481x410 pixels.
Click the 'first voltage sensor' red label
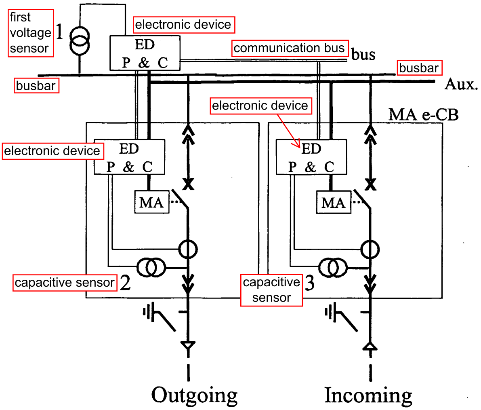point(31,33)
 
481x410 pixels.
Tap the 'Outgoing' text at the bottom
point(195,395)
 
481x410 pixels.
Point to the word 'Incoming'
point(368,395)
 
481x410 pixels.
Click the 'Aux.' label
point(461,84)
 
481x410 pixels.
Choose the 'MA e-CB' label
point(423,114)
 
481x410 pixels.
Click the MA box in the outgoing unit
point(152,202)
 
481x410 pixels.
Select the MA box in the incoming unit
point(334,202)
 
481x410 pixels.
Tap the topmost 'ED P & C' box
point(145,53)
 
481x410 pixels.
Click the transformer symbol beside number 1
point(80,40)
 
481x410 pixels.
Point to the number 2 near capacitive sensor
point(125,283)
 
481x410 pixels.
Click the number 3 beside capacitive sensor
point(310,283)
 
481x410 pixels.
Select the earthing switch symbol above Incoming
point(341,317)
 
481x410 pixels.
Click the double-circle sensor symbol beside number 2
point(151,267)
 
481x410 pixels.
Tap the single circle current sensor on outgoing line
point(188,249)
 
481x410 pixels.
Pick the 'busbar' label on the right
point(419,68)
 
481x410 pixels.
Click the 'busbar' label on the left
point(36,85)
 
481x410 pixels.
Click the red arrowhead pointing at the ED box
point(298,144)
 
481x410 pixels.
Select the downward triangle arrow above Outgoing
point(188,345)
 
